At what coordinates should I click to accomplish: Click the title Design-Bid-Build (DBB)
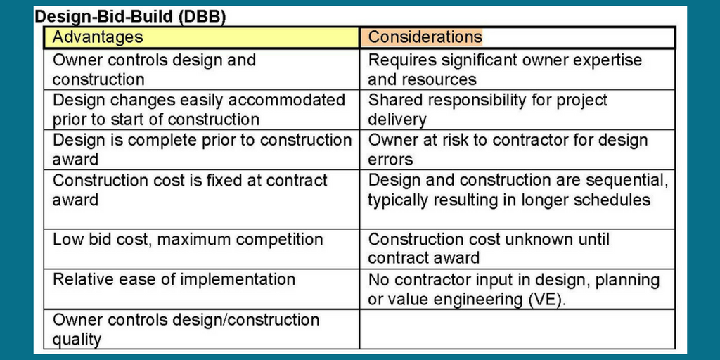coord(130,16)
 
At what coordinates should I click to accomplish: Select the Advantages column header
coord(201,38)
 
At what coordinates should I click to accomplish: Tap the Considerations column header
coord(517,38)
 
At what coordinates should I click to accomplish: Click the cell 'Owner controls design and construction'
coord(201,70)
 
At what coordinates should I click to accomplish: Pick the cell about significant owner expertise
coord(517,70)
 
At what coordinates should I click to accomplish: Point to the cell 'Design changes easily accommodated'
coord(201,110)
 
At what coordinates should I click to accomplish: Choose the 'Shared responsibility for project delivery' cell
coord(517,110)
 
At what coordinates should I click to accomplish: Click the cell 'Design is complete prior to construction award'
coord(201,150)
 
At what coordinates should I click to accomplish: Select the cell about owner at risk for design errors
coord(517,150)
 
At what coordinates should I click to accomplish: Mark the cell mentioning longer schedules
coord(517,190)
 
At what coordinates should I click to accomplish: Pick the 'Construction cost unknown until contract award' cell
coord(517,248)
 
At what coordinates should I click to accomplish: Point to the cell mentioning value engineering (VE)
coord(517,289)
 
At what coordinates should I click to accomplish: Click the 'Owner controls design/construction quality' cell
coord(201,329)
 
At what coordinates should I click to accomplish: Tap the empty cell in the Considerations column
coord(517,329)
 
